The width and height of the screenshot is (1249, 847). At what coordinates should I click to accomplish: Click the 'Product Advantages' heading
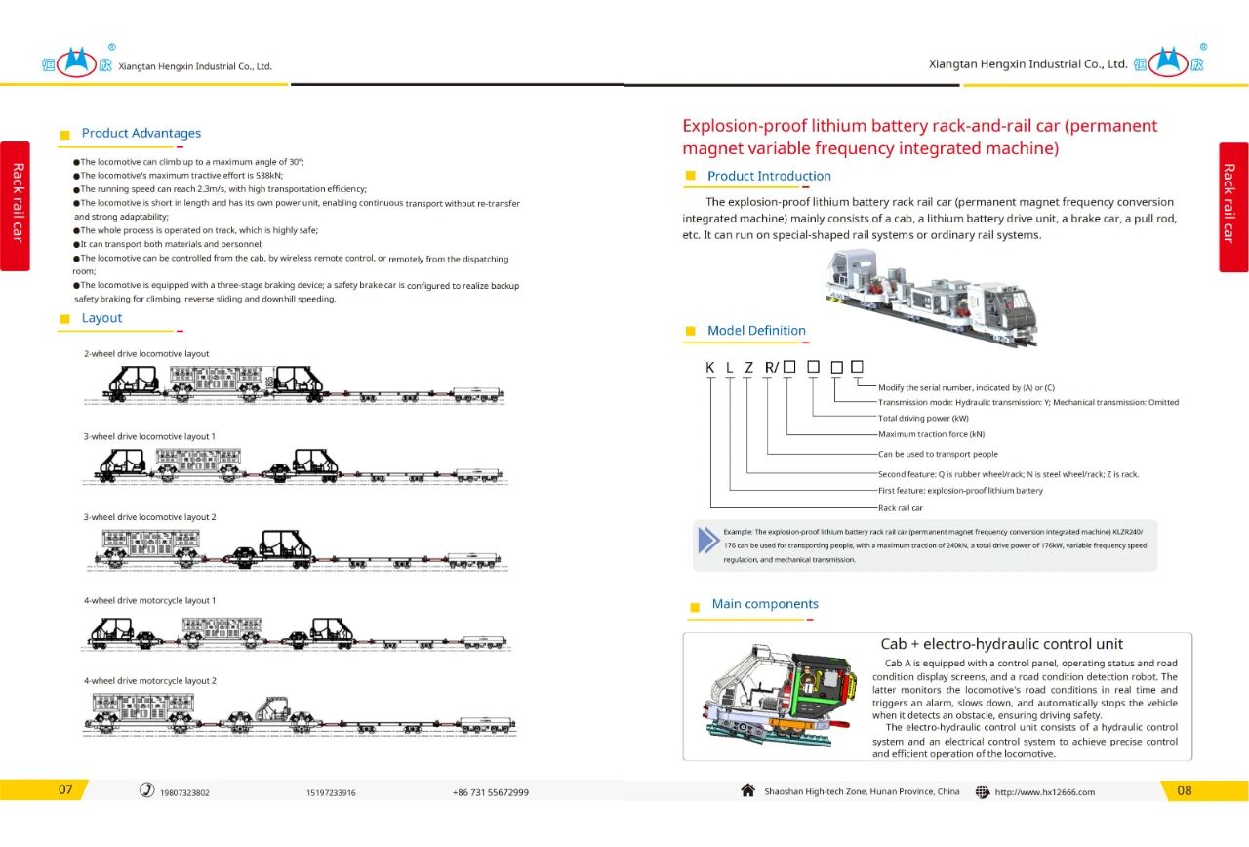pyautogui.click(x=141, y=134)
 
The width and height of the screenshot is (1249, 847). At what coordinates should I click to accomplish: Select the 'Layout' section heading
pyautogui.click(x=101, y=318)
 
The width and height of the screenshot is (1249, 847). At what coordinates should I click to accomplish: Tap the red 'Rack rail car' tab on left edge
pyautogui.click(x=16, y=206)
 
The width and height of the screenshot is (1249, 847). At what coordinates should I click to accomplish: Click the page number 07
pyautogui.click(x=65, y=790)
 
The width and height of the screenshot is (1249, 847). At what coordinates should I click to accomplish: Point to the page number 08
pyautogui.click(x=1184, y=790)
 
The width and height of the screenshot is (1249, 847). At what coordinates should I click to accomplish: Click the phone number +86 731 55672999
pyautogui.click(x=490, y=792)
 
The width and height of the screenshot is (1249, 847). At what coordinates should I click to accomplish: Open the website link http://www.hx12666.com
pyautogui.click(x=1044, y=792)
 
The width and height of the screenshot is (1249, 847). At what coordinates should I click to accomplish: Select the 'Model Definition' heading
pyautogui.click(x=756, y=331)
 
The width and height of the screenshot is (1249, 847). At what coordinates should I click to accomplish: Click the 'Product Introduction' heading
pyautogui.click(x=769, y=177)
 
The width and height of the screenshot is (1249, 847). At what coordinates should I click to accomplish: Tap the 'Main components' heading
pyautogui.click(x=764, y=605)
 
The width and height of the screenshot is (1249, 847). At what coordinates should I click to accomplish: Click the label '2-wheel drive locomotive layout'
pyautogui.click(x=146, y=354)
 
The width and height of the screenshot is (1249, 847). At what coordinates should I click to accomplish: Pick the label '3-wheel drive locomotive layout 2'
pyautogui.click(x=149, y=517)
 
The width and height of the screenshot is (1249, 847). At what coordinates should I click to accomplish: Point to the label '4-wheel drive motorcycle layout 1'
pyautogui.click(x=149, y=601)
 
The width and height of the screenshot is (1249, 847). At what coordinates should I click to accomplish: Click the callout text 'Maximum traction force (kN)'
pyautogui.click(x=931, y=434)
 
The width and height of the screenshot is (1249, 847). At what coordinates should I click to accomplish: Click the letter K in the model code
pyautogui.click(x=710, y=368)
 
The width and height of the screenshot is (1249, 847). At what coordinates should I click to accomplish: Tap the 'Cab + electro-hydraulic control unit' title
pyautogui.click(x=1001, y=644)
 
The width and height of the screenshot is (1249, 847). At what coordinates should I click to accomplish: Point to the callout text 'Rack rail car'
pyautogui.click(x=900, y=508)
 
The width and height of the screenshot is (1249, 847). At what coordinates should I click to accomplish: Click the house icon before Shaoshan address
pyautogui.click(x=747, y=790)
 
